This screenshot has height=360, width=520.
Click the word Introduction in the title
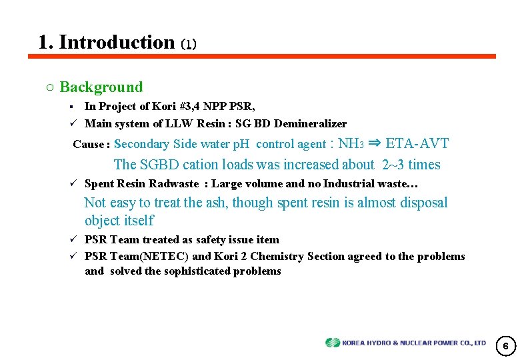tap(117, 42)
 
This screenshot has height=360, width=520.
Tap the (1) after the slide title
tap(189, 45)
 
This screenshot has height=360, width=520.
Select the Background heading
tap(101, 87)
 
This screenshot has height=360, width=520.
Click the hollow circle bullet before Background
tap(50, 87)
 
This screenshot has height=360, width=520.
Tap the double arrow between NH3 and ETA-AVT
tap(374, 143)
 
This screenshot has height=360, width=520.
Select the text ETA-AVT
tap(417, 143)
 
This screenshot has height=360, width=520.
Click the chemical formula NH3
tap(351, 143)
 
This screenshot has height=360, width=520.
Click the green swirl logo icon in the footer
tap(333, 343)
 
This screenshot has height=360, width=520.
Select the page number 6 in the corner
tap(505, 346)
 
